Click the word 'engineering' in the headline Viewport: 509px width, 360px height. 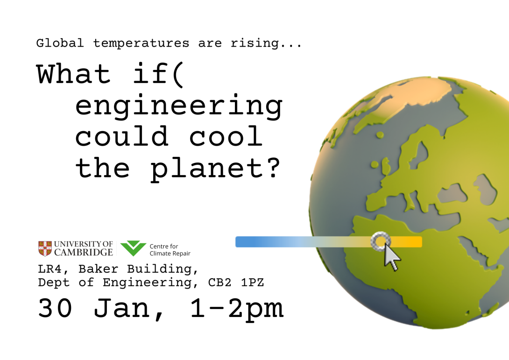(x=178, y=107)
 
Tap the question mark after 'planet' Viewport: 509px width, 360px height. (x=272, y=167)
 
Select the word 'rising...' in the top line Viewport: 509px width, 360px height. (x=266, y=43)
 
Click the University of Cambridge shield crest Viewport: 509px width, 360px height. (x=45, y=248)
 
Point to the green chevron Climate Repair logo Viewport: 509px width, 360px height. (x=133, y=248)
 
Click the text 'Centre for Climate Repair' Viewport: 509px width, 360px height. (x=170, y=250)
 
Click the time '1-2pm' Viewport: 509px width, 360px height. (x=236, y=308)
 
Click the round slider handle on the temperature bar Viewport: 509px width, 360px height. (x=381, y=241)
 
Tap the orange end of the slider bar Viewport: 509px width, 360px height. (x=413, y=242)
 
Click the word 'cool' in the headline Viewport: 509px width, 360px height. (x=226, y=137)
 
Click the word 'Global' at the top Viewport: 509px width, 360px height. (x=60, y=43)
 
